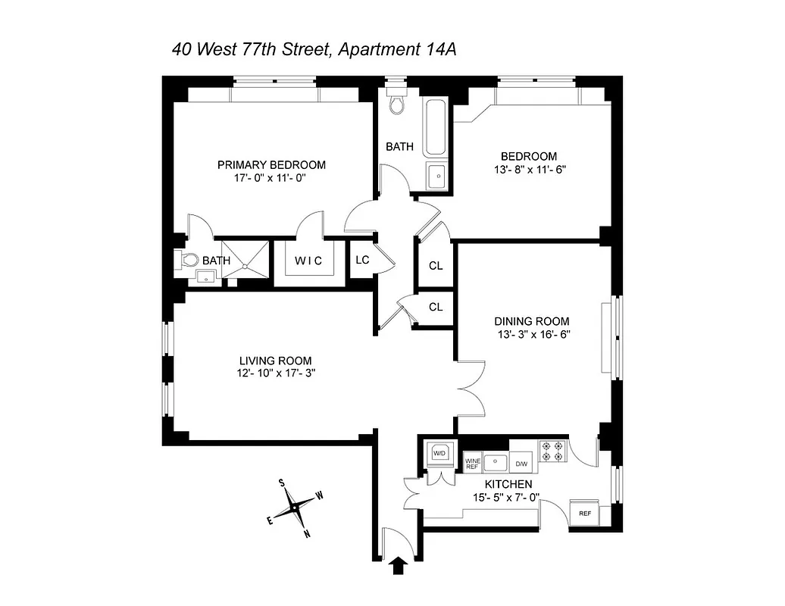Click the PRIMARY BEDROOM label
[x=271, y=165]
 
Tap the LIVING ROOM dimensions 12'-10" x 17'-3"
[x=274, y=373]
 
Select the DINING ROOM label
[x=532, y=321]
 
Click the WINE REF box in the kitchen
[x=472, y=463]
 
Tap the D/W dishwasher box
[x=521, y=463]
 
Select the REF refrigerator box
[x=584, y=513]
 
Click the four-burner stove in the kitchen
[x=552, y=451]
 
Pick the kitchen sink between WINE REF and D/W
[x=496, y=462]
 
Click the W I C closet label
[x=308, y=261]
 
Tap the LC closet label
[x=362, y=260]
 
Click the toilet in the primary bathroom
[x=188, y=261]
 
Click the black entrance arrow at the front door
[x=398, y=566]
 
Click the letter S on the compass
[x=281, y=483]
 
